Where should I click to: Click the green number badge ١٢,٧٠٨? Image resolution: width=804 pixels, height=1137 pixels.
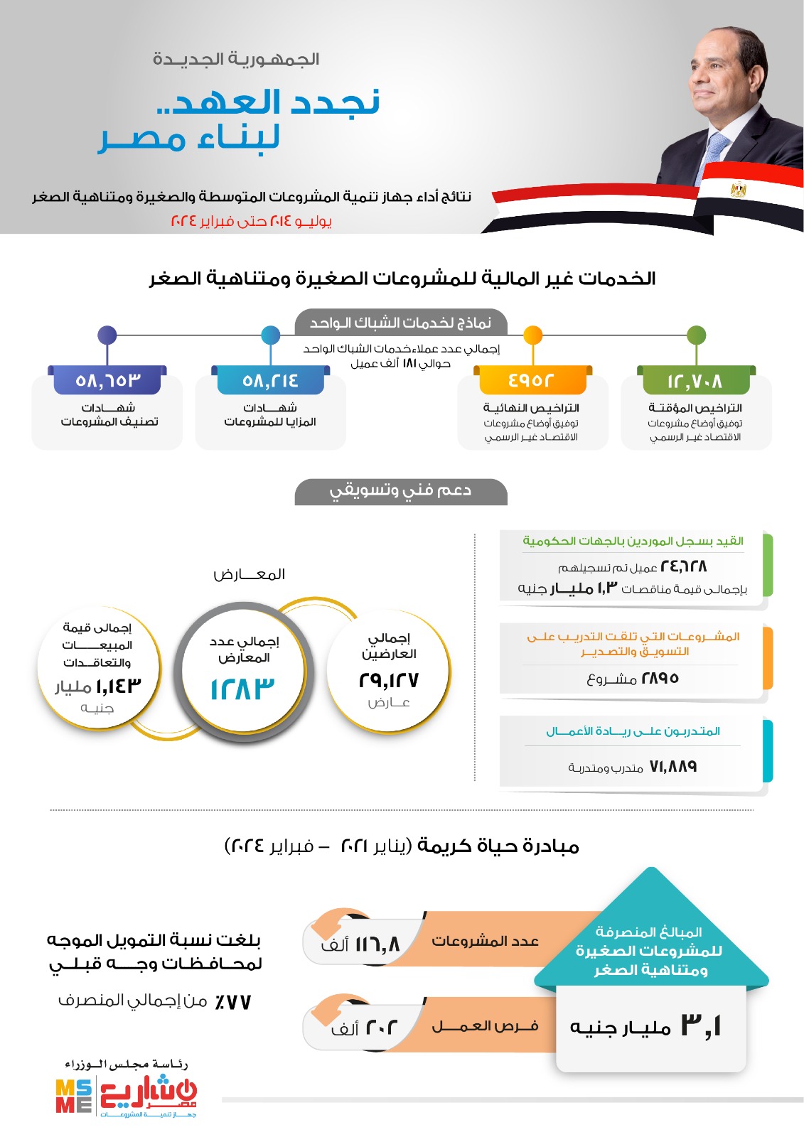[x=695, y=381]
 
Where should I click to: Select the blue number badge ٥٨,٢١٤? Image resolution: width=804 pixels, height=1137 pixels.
[x=270, y=380]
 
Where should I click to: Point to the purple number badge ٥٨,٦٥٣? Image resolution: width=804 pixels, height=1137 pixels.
[x=107, y=380]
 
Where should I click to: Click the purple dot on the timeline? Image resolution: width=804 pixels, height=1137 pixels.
[x=107, y=335]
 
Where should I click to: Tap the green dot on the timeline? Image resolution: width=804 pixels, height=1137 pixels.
[x=697, y=335]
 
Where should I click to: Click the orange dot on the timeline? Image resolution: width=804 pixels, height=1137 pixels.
[x=532, y=335]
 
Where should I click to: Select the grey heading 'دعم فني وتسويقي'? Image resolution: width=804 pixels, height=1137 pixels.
[x=400, y=491]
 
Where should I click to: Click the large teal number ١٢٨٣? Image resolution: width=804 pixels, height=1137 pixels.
[x=242, y=689]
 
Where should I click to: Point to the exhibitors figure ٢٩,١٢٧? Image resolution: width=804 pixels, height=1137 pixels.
[x=389, y=680]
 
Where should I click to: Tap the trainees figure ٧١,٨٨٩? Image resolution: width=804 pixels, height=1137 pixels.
[x=672, y=767]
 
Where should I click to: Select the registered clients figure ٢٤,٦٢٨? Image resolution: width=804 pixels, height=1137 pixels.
[x=683, y=566]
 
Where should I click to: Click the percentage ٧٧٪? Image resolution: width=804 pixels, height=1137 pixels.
[x=232, y=1002]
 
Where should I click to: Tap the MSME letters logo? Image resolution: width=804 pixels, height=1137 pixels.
[x=74, y=1096]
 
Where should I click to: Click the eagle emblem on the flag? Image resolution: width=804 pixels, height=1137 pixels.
[x=739, y=190]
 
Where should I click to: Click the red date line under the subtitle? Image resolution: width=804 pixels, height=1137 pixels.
[x=252, y=221]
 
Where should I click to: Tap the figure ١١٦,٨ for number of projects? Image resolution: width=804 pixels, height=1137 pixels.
[x=377, y=944]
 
